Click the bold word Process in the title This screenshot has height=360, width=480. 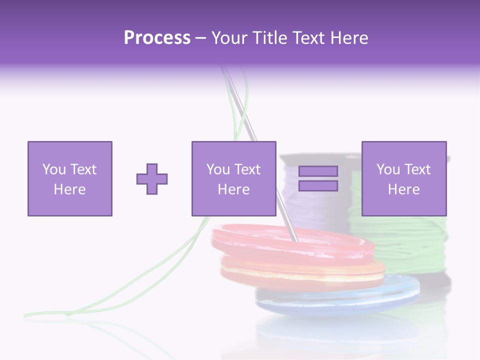[157, 38]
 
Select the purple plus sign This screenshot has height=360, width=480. [152, 179]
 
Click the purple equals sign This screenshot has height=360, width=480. [318, 178]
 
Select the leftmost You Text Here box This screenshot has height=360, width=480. [69, 178]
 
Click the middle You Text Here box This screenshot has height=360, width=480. [233, 178]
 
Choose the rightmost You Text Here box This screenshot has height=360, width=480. [403, 178]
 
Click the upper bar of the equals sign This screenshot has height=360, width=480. [318, 171]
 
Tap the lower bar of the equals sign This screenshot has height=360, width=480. [318, 186]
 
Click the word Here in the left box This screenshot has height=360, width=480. [69, 189]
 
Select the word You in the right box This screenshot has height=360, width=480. [387, 169]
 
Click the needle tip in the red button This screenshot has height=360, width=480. [295, 240]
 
